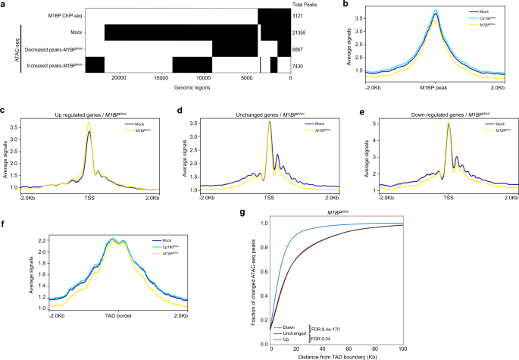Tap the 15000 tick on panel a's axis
point(161,78)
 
